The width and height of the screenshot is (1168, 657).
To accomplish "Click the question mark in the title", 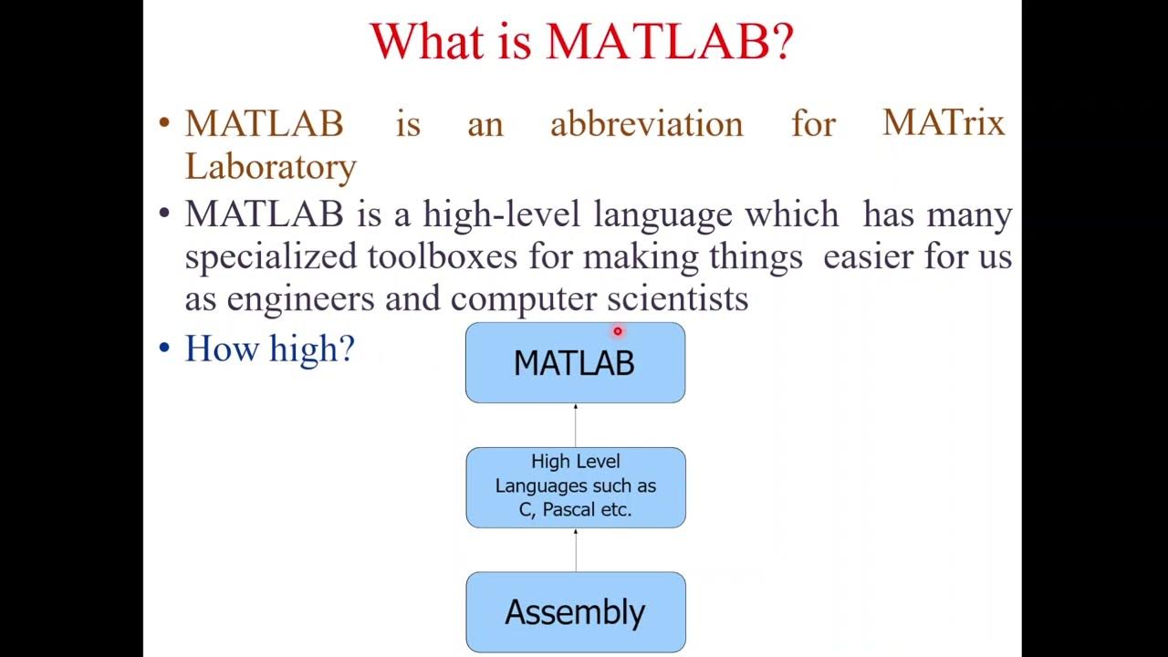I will pyautogui.click(x=783, y=41).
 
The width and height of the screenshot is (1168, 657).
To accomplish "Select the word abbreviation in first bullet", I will pyautogui.click(x=646, y=124).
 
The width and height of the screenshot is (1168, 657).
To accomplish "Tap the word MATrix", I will pyautogui.click(x=943, y=122).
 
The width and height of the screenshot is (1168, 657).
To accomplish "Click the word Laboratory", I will pyautogui.click(x=270, y=167).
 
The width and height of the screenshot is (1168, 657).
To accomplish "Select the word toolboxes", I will pyautogui.click(x=443, y=256).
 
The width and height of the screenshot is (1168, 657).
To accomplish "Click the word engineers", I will pyautogui.click(x=300, y=298).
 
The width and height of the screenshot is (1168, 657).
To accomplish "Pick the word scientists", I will pyautogui.click(x=677, y=298).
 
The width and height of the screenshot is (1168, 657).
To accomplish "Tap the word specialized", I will pyautogui.click(x=270, y=257).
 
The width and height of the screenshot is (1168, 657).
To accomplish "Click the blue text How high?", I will pyautogui.click(x=269, y=349).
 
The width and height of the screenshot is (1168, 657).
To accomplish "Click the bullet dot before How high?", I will pyautogui.click(x=164, y=349).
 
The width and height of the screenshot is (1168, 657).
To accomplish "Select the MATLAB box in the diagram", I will pyautogui.click(x=575, y=363).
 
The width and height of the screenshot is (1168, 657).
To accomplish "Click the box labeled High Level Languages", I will pyautogui.click(x=575, y=486).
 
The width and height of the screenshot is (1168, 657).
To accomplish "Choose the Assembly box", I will pyautogui.click(x=575, y=611).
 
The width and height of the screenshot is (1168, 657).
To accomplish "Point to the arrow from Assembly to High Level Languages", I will pyautogui.click(x=575, y=549).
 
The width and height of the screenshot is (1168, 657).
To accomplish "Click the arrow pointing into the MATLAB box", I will pyautogui.click(x=575, y=424).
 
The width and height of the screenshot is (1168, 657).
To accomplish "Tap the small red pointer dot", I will pyautogui.click(x=617, y=332).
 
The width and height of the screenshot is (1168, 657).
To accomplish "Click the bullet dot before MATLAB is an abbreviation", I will pyautogui.click(x=164, y=123).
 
